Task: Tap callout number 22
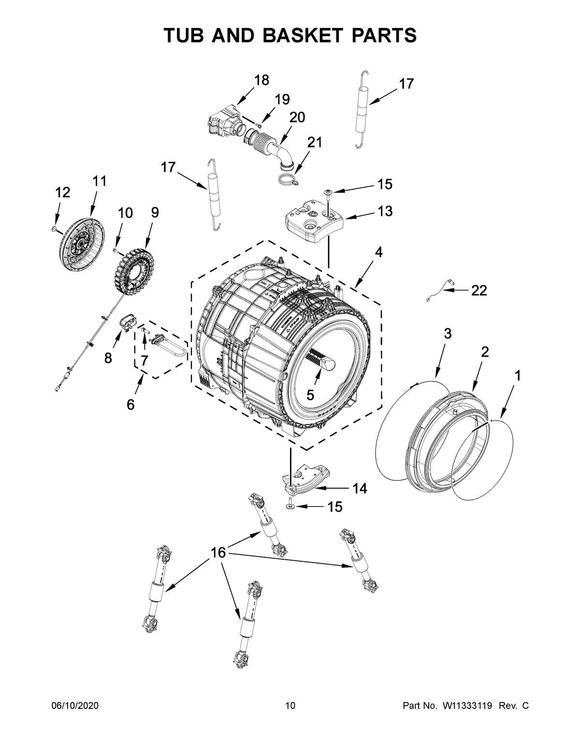[x=479, y=290]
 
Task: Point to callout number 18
[x=261, y=80]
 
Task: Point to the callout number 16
[x=218, y=552]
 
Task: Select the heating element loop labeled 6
[x=170, y=346]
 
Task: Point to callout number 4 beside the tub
[x=378, y=252]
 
